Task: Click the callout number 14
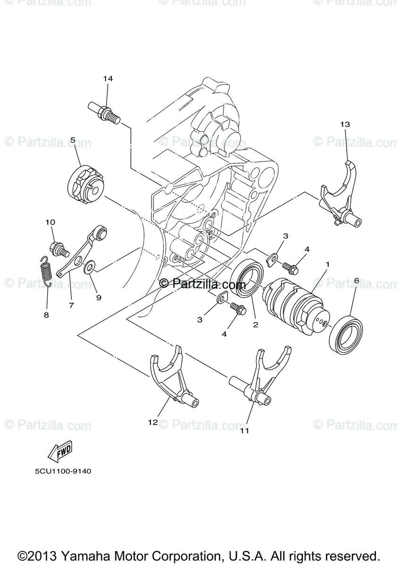108,78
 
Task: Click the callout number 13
345,124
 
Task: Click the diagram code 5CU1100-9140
62,471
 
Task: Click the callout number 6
356,281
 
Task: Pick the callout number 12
152,423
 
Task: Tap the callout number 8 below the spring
46,315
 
